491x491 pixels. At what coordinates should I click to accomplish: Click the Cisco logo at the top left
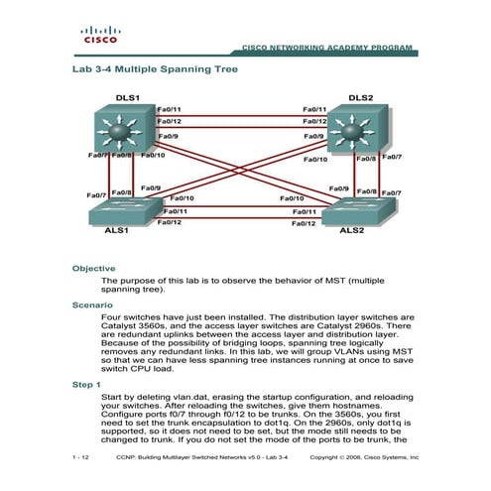point(99,37)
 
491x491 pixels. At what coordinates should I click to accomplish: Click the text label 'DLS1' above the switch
point(126,98)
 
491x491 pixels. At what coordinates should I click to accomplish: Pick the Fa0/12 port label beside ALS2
point(304,224)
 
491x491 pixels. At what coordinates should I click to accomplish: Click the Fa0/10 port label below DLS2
point(314,159)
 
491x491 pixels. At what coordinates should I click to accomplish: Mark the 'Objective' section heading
point(94,268)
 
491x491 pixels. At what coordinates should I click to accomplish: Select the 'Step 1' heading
point(87,383)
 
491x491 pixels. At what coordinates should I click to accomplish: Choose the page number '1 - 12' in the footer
point(81,458)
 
